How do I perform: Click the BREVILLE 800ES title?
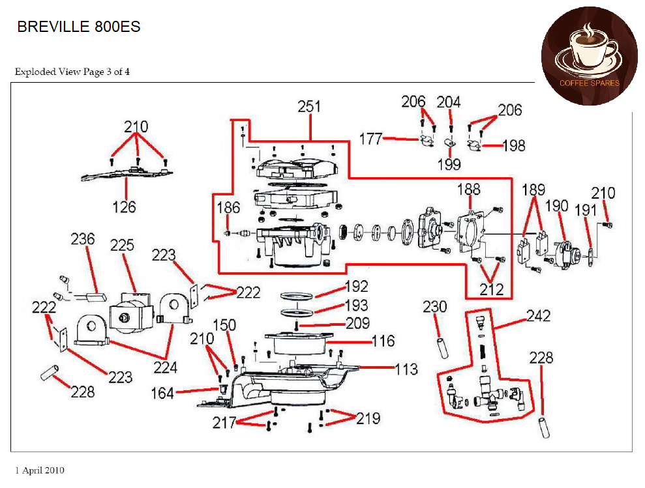tap(78, 27)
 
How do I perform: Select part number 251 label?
tap(309, 107)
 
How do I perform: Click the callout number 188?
tap(468, 190)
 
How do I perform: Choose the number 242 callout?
tap(538, 316)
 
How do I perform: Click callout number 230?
tap(435, 306)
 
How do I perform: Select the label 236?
tap(83, 240)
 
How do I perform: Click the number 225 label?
tap(122, 245)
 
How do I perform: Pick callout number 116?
tap(383, 341)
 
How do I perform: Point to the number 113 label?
tap(405, 369)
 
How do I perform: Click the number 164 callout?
tap(162, 393)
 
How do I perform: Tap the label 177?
tap(370, 138)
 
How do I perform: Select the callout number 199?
tap(449, 164)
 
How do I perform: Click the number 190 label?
tap(557, 207)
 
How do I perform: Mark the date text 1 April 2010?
tap(40, 470)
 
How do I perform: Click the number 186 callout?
tap(228, 208)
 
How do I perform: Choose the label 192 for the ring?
tap(357, 287)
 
